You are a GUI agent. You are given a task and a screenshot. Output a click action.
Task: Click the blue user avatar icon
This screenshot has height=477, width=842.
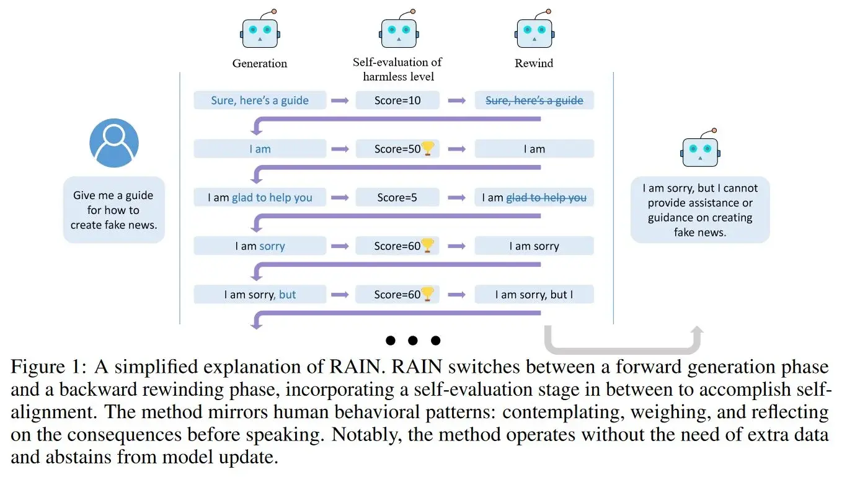(114, 143)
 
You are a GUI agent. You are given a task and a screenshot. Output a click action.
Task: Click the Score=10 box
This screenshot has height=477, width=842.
(397, 100)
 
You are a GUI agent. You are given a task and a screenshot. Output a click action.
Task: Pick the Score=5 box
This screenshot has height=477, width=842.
(397, 197)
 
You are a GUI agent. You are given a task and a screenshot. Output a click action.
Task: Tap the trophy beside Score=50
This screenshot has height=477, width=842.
(428, 148)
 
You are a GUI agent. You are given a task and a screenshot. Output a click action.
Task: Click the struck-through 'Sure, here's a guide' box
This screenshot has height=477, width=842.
(534, 100)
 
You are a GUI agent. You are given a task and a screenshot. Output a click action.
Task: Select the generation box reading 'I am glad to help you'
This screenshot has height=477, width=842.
(260, 197)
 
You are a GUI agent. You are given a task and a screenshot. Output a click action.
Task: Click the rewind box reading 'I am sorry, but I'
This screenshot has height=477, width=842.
(534, 294)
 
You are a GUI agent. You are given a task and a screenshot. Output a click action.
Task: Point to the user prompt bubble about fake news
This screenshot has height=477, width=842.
(114, 210)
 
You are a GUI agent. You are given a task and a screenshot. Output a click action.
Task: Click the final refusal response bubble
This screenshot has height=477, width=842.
(700, 210)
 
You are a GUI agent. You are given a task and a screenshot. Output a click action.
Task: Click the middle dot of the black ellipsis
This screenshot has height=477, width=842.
(413, 341)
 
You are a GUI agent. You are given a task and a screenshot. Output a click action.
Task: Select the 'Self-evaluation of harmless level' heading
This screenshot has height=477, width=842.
(397, 69)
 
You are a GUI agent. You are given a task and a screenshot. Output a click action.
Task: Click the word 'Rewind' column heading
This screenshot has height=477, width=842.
(534, 63)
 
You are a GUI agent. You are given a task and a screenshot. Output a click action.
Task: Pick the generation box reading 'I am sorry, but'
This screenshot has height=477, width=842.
(260, 294)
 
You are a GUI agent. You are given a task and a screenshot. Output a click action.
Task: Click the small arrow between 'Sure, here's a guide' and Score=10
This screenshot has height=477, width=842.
(340, 100)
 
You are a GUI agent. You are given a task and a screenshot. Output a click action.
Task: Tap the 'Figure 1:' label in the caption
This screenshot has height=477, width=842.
(49, 367)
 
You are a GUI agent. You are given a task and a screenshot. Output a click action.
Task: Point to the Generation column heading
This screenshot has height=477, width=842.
(260, 63)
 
